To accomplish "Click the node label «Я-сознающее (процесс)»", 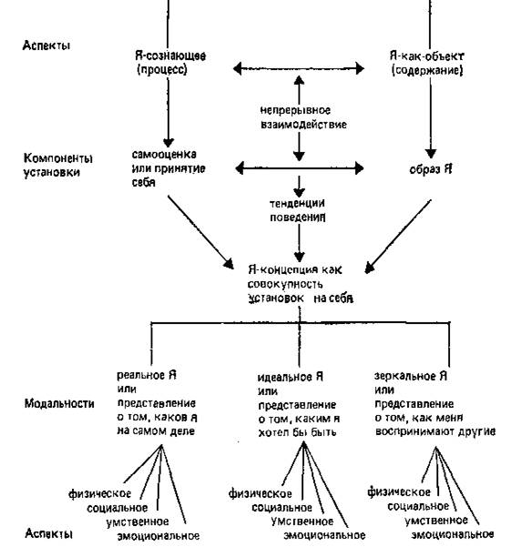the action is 170,63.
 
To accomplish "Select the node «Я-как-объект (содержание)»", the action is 427,63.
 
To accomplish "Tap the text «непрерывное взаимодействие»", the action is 303,117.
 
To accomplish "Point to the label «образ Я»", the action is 431,169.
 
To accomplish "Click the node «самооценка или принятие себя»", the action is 169,168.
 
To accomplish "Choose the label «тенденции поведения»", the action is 298,210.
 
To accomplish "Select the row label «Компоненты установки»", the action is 58,165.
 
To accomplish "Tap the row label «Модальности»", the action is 59,403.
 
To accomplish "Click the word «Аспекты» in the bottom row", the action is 48,533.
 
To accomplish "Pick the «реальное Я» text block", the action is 158,403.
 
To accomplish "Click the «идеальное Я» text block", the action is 299,404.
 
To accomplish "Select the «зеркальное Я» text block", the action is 435,403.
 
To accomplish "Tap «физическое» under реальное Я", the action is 99,494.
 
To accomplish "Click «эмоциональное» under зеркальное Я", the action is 453,534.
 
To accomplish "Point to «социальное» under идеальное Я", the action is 282,507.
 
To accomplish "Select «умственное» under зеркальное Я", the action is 435,521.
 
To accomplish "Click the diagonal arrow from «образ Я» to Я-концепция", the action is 398,237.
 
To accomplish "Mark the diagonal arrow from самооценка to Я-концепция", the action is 201,232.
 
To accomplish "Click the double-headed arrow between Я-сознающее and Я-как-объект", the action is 299,68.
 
